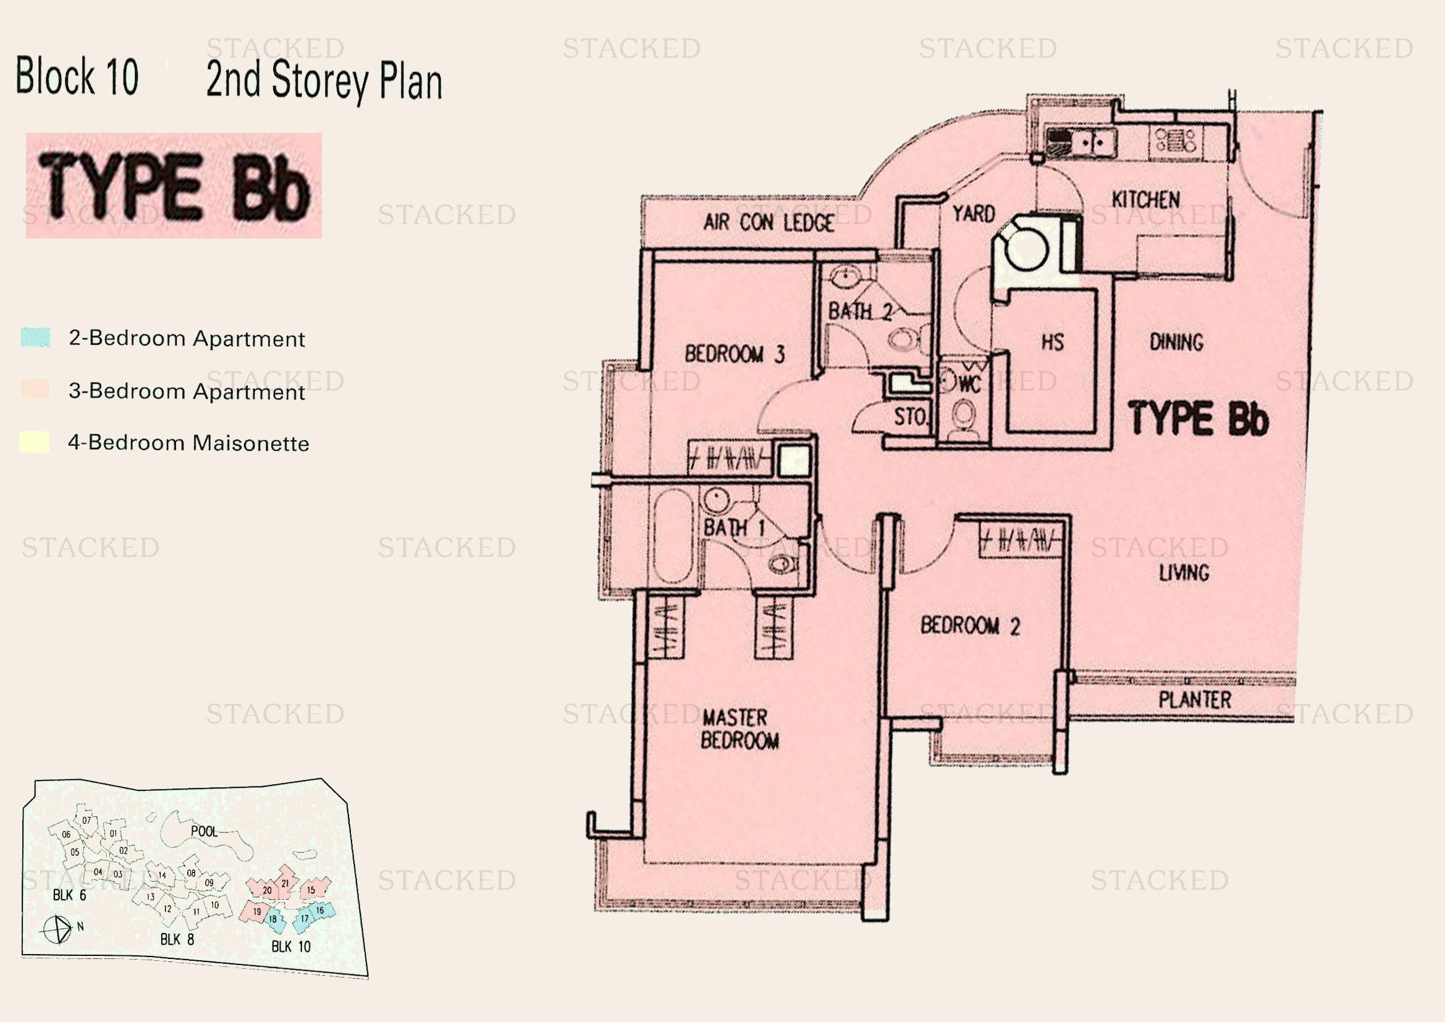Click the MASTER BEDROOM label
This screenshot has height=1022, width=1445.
pos(739,729)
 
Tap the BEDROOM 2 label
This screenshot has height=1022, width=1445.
pos(970,625)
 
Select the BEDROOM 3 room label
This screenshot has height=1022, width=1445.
pos(735,354)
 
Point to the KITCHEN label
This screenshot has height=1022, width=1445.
pos(1145,200)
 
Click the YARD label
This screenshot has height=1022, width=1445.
pos(974,214)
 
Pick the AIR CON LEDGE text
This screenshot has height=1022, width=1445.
pos(769,222)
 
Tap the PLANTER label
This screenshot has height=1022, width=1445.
pos(1195,700)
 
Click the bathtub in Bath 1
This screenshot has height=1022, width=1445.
pos(673,536)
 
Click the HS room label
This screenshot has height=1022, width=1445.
pos(1052,342)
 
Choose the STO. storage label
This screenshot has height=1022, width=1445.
pos(910,416)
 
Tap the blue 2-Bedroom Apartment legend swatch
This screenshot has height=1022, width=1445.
pos(35,337)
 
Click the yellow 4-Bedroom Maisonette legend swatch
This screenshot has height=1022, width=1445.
pos(35,442)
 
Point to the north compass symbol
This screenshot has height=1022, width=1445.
pos(57,929)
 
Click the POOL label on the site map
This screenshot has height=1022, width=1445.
pos(204,831)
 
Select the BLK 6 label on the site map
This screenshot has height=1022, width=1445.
pos(69,895)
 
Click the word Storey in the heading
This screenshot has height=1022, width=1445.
pos(320,81)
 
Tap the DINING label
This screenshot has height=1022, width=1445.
pos(1176,342)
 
